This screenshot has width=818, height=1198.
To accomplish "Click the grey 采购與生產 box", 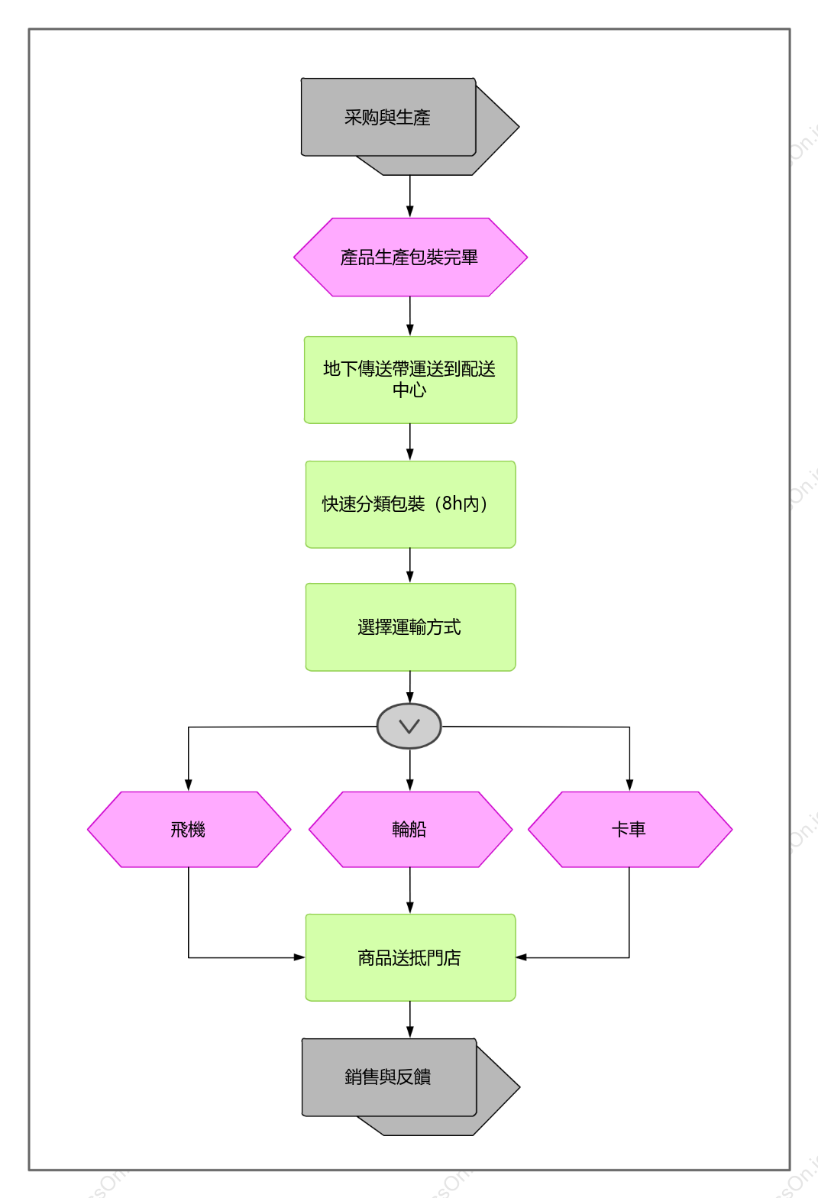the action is [x=389, y=117].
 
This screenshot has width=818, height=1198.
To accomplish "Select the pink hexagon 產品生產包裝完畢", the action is [x=410, y=257].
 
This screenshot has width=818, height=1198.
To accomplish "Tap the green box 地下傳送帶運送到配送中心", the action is [x=410, y=380].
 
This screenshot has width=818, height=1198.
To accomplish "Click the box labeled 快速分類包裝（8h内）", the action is [x=410, y=504].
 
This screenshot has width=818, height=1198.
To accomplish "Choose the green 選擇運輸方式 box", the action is [x=410, y=627].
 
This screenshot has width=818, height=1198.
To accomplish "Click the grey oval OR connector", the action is [x=409, y=727].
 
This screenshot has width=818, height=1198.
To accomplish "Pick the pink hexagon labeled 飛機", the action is [x=189, y=830].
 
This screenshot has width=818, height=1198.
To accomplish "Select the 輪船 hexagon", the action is [x=410, y=830].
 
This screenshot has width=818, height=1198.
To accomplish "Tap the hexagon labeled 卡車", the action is [x=630, y=830].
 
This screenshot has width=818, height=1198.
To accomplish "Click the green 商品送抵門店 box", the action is [x=410, y=957].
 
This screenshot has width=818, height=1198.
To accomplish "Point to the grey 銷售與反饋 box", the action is [x=390, y=1077].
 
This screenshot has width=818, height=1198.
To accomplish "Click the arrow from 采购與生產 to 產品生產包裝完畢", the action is [x=410, y=196].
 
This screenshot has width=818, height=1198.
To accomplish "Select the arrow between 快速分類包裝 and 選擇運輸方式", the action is [x=410, y=565].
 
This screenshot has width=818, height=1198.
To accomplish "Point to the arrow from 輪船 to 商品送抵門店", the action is [x=410, y=891].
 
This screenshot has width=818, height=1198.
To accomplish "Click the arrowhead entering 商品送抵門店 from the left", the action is [x=299, y=957].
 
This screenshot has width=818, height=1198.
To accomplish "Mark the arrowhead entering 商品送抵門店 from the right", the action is [x=522, y=957].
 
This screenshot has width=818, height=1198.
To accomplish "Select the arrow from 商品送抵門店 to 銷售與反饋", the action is [x=410, y=1020].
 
